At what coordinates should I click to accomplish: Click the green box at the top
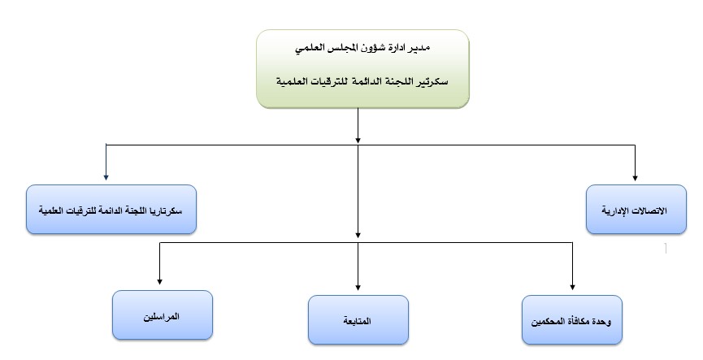coord(362,69)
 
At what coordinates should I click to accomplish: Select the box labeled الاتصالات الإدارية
coord(636,210)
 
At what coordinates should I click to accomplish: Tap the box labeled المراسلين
coord(163,314)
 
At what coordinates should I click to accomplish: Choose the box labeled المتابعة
coord(358,319)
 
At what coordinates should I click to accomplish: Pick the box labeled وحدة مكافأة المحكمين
coord(572,319)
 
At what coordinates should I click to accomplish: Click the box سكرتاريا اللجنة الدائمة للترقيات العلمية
coord(111,210)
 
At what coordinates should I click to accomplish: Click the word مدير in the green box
coord(419,48)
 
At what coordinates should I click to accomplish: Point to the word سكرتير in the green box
coord(433,81)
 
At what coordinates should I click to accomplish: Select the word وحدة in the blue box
coord(601,322)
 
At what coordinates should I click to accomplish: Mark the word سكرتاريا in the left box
coord(167,210)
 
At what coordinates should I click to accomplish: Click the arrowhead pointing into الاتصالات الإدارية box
coord(635,178)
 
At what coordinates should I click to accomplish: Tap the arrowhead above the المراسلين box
coord(159,281)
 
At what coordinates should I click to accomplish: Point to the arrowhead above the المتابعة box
coord(358,287)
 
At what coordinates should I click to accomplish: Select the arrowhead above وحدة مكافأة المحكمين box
coord(572,287)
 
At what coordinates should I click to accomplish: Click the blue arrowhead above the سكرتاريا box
coord(106,177)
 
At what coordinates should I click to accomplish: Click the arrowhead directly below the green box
coord(358,141)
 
